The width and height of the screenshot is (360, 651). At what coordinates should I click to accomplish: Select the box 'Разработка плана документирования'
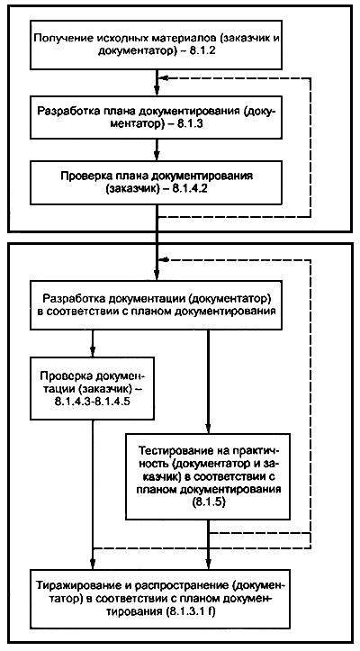tap(158, 118)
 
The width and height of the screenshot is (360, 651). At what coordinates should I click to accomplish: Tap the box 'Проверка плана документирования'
tap(158, 181)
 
